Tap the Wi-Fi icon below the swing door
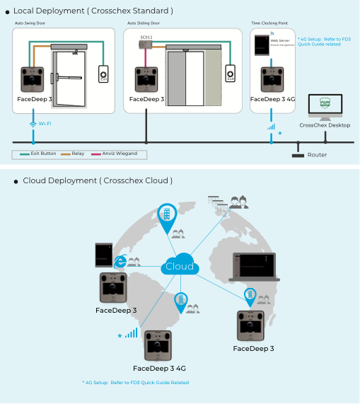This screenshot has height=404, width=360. pos(33,124)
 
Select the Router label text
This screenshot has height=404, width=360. pos(317,154)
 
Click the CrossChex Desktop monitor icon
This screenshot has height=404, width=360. pos(325,108)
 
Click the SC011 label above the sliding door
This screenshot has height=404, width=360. pos(146,37)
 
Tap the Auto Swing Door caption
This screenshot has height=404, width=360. pos(30,23)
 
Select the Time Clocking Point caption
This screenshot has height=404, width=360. pos(269,23)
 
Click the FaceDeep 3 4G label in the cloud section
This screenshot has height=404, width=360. pos(159,368)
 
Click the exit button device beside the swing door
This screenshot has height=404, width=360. pos(104,74)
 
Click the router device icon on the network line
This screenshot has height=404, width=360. pos(298,154)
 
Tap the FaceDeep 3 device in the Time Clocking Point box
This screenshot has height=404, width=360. pos(271,80)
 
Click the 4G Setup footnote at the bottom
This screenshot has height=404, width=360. pos(135,383)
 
